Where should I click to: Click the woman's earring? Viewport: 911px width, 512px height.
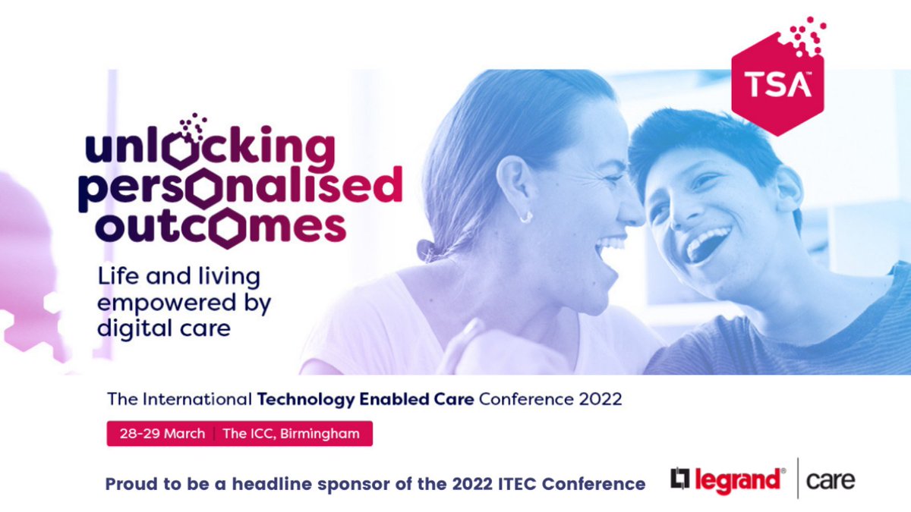525,217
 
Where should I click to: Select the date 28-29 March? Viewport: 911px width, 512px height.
162,434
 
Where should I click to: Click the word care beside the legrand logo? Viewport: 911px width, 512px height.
831,480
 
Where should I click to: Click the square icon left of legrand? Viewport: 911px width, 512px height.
679,479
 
